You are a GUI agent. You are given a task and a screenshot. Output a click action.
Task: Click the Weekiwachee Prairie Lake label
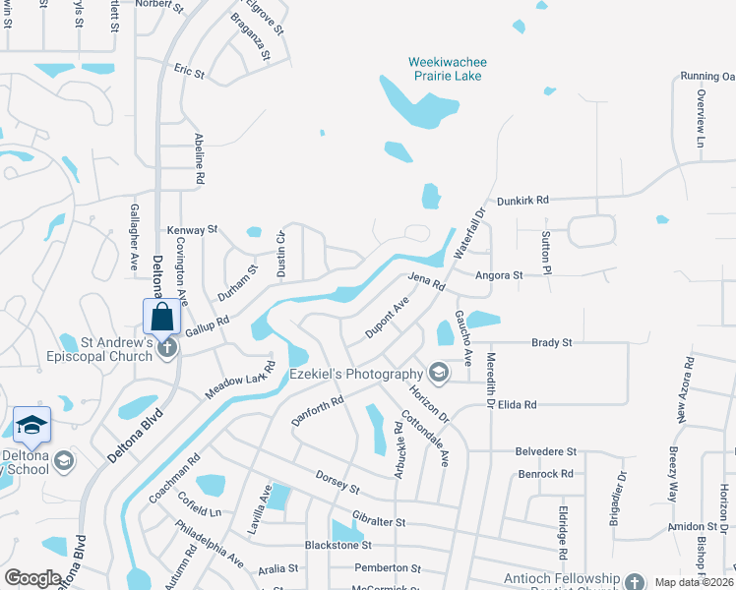[x=448, y=69]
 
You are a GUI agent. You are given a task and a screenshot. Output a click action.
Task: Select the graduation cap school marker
[x=31, y=425]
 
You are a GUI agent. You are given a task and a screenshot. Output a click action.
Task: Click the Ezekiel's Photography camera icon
[x=438, y=374]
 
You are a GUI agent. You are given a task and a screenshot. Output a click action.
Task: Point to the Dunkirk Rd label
[x=521, y=200]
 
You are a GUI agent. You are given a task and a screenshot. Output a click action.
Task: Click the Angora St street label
[x=499, y=276]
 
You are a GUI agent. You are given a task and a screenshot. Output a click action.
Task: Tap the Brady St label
[x=551, y=342]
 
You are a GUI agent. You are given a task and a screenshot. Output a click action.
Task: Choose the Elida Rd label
[x=518, y=404]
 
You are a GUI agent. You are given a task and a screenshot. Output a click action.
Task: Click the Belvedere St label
[x=545, y=450]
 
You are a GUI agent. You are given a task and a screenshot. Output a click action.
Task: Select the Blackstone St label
[x=338, y=544]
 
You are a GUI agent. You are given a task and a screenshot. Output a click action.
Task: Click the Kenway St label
[x=192, y=229]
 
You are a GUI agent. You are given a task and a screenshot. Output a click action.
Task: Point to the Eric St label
[x=189, y=73]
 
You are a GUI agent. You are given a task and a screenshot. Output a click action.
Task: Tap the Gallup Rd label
[x=207, y=326]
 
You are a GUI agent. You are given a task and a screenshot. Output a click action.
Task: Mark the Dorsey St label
[x=337, y=482]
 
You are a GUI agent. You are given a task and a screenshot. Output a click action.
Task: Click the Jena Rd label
[x=427, y=281]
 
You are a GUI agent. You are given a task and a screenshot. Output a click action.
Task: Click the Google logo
[x=33, y=578]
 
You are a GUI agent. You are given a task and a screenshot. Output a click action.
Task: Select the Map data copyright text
[x=693, y=582]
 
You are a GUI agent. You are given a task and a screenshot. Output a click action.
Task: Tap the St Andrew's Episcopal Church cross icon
[x=167, y=347]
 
